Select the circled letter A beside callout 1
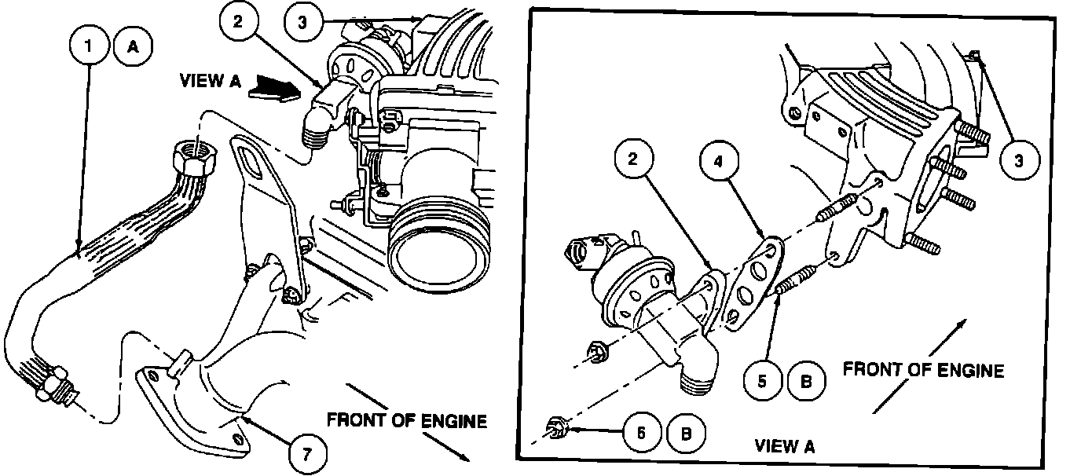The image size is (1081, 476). point(134,47)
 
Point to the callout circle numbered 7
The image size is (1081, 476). point(306,453)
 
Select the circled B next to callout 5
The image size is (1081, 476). point(807,382)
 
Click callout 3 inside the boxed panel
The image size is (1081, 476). point(1020,161)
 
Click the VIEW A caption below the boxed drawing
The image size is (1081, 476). point(785,447)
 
